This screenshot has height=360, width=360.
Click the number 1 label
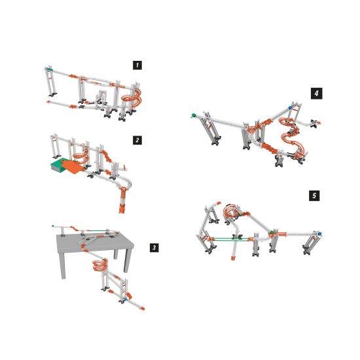click(137, 65)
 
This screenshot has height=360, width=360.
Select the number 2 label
click(137, 140)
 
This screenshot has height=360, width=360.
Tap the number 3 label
click(154, 247)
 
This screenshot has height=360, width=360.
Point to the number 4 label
click(317, 94)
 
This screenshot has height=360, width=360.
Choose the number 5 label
click(314, 196)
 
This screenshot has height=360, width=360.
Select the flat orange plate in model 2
click(73, 166)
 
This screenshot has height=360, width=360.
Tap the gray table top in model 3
click(94, 242)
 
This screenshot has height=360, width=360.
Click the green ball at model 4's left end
click(193, 115)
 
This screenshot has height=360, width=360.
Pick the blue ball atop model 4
click(291, 107)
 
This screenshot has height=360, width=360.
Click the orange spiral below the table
click(100, 265)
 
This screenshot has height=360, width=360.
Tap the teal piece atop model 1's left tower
click(50, 69)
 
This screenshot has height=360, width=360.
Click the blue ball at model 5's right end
click(319, 234)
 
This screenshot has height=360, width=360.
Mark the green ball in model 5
click(272, 232)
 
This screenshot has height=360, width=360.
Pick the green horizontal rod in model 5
click(231, 239)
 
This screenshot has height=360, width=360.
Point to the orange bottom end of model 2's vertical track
click(122, 209)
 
